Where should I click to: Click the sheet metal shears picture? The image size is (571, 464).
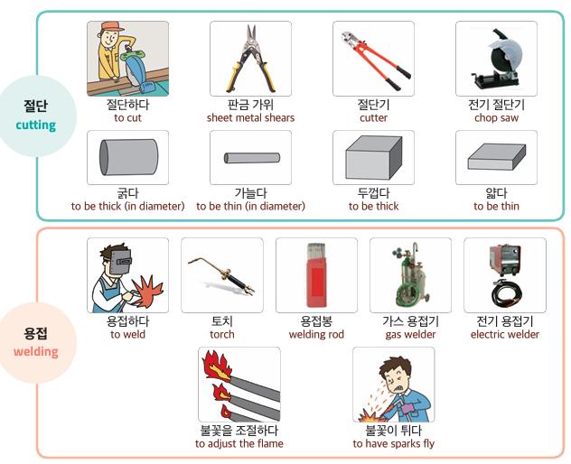(250, 59)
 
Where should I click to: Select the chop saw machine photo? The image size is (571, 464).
(496, 60)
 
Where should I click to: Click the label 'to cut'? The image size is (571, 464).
(127, 118)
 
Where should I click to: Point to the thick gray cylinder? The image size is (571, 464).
(128, 157)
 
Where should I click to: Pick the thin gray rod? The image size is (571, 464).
(252, 158)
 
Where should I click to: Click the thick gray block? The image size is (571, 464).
(374, 157)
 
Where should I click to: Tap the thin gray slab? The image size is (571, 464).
(497, 156)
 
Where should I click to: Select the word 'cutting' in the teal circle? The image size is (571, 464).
(36, 125)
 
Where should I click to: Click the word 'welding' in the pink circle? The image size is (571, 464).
(36, 352)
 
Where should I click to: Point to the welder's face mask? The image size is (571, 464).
(121, 262)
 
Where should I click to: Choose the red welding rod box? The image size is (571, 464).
(316, 275)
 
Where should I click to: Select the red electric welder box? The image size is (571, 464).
(505, 260)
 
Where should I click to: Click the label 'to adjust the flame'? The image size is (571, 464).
(239, 443)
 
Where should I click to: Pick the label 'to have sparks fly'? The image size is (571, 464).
(394, 443)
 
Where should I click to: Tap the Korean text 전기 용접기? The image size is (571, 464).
(505, 321)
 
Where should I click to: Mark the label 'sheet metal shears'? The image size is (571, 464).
(250, 118)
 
